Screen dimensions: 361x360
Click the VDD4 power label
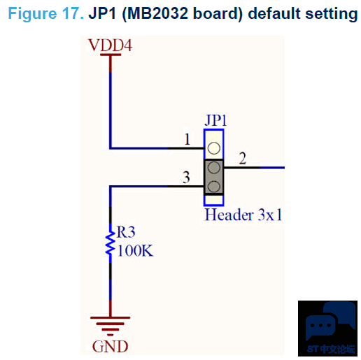(x=111, y=45)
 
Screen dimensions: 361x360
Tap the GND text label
(x=111, y=346)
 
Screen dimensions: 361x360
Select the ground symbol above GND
(x=111, y=326)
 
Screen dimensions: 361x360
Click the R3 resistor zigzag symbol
(x=111, y=243)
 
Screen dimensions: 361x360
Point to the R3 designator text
(x=126, y=232)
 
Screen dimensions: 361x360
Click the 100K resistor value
(x=135, y=251)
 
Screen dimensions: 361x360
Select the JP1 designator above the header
(x=215, y=120)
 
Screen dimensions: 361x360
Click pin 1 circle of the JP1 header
(x=214, y=148)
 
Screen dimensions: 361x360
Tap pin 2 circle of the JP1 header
(x=214, y=168)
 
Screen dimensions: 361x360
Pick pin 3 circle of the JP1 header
(x=214, y=187)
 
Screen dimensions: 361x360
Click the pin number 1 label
(x=187, y=139)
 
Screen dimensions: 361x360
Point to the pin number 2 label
(x=243, y=159)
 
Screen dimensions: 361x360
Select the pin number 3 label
(x=186, y=178)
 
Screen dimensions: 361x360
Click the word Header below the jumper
(x=229, y=215)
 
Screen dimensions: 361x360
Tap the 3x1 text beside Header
(x=270, y=215)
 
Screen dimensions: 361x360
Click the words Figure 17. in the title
(x=46, y=14)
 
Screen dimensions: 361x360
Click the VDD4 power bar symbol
(x=111, y=55)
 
